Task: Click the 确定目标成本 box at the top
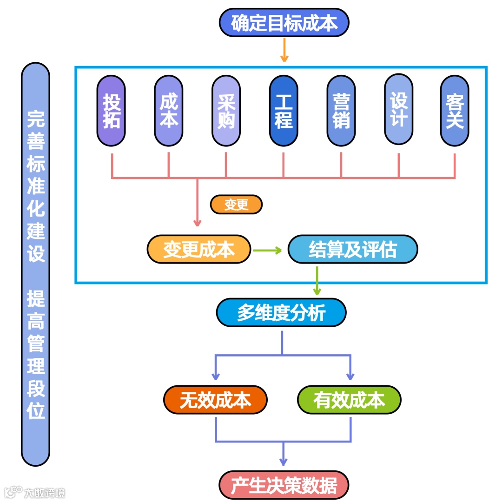coord(284,22)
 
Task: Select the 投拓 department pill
coord(111,111)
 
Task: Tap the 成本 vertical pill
coord(168,111)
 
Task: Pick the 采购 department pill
coord(226,111)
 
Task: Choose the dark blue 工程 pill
coord(284,111)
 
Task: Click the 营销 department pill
coord(341,111)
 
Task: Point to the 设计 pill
coord(398,110)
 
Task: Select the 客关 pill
coord(455,111)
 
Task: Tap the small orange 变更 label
coord(236,205)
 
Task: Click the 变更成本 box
coord(199,250)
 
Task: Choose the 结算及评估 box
coord(352,250)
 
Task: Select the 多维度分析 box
coord(281,312)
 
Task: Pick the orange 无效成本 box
coord(216,400)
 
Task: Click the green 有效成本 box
coord(349,400)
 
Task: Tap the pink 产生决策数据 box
coord(284,485)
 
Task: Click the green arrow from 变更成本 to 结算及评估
coord(268,251)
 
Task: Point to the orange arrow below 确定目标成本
coord(284,50)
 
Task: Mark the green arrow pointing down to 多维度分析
coord(317,281)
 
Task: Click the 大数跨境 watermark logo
coord(35,492)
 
